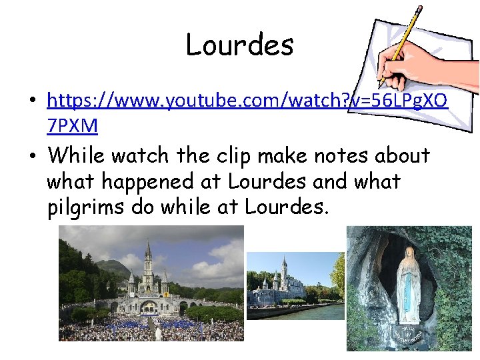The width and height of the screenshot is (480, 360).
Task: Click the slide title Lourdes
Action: (239, 45)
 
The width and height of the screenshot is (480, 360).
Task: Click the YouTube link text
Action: (247, 101)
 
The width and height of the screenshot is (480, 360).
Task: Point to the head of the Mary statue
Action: (407, 256)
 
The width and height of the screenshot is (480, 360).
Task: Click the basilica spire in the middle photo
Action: (284, 267)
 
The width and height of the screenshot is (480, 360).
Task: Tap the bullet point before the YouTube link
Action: (33, 102)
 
